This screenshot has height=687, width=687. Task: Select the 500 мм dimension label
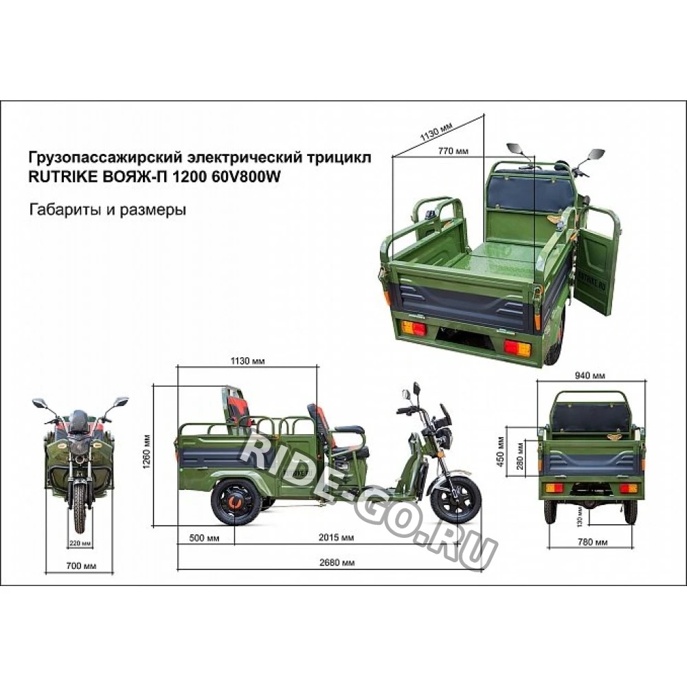[x=204, y=538]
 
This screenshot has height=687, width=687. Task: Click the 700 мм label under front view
[x=81, y=566]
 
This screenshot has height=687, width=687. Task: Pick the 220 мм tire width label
[x=80, y=543]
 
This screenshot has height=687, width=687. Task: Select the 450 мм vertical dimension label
[x=502, y=452]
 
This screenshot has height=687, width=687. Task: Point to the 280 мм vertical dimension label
[x=520, y=455]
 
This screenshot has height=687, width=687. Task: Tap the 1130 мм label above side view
[x=247, y=361]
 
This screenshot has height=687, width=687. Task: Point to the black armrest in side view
[x=349, y=429]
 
